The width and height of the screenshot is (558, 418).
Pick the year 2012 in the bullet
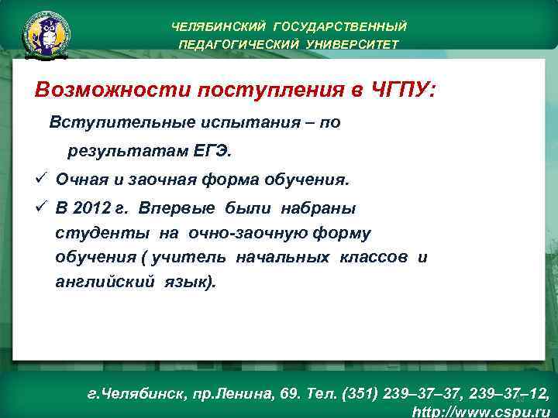pos(97,207)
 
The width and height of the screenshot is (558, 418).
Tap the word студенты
pos(103,232)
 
